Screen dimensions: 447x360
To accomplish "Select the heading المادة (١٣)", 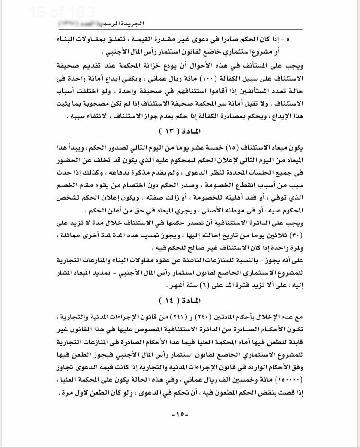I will click(180, 130).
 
